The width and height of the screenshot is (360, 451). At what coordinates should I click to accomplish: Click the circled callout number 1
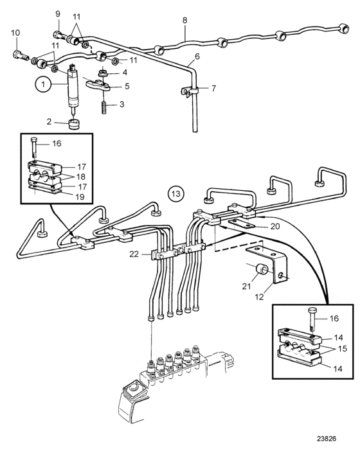click(44, 85)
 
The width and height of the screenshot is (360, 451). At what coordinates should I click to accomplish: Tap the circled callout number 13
click(176, 193)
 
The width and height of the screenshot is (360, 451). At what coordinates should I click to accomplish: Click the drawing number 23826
click(327, 439)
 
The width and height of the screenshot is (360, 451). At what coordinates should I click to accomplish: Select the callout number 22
click(134, 254)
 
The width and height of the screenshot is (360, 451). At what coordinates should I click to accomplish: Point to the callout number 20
click(274, 226)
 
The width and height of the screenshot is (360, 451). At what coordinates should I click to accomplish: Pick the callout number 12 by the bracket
click(259, 297)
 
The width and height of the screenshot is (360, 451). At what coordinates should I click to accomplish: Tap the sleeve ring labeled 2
click(75, 125)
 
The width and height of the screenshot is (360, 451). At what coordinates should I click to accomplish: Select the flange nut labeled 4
click(102, 74)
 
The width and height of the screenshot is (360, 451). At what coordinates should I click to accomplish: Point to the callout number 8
click(184, 21)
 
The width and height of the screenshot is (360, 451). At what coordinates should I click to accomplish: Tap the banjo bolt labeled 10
click(21, 55)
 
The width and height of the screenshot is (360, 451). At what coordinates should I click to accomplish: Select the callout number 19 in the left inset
click(80, 197)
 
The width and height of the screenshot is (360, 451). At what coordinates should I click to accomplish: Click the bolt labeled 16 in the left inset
click(33, 147)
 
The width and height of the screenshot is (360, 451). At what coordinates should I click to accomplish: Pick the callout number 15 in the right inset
click(343, 349)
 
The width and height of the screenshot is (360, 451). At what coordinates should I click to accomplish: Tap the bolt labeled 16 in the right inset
click(312, 319)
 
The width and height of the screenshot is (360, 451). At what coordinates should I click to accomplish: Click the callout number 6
click(197, 57)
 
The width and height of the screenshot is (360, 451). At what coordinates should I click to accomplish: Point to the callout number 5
click(127, 86)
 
